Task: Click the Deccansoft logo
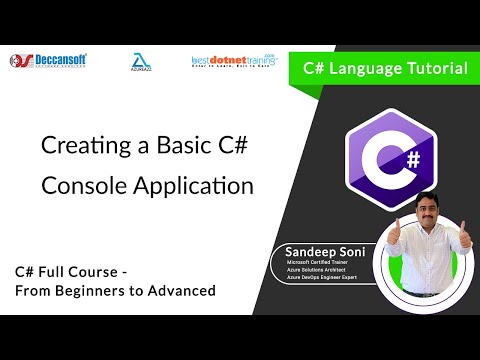[x=47, y=61]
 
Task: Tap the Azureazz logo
[x=141, y=62]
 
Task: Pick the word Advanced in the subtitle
[x=181, y=291]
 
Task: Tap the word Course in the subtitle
[x=95, y=271]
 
